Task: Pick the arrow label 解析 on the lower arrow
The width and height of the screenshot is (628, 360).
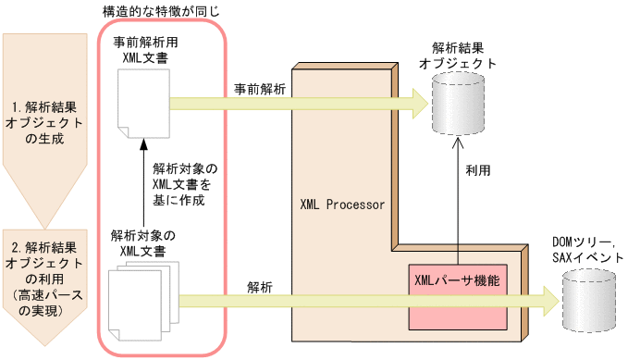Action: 259,287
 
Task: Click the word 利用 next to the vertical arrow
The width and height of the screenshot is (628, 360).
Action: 477,171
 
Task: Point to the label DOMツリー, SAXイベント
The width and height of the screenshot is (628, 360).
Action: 586,247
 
